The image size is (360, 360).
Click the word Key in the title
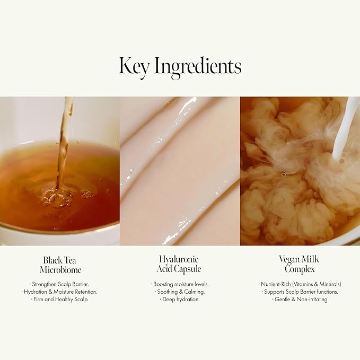(x=135, y=66)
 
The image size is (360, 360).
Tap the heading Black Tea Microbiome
(x=60, y=265)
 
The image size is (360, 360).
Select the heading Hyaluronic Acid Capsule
(x=180, y=264)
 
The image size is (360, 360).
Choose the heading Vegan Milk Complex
(x=300, y=264)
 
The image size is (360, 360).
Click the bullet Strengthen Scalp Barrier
(x=60, y=284)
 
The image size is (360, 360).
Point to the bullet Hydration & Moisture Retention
(x=60, y=292)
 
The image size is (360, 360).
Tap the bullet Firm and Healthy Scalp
(x=60, y=299)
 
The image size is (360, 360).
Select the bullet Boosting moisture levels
(x=180, y=284)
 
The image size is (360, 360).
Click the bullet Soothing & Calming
(x=180, y=292)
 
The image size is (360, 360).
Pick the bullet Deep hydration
(x=180, y=299)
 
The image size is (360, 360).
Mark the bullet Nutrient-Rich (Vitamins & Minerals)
(x=300, y=284)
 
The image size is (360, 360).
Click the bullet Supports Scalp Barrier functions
(x=300, y=292)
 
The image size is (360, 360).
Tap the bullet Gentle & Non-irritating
(x=300, y=299)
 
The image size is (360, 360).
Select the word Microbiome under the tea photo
(x=60, y=269)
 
